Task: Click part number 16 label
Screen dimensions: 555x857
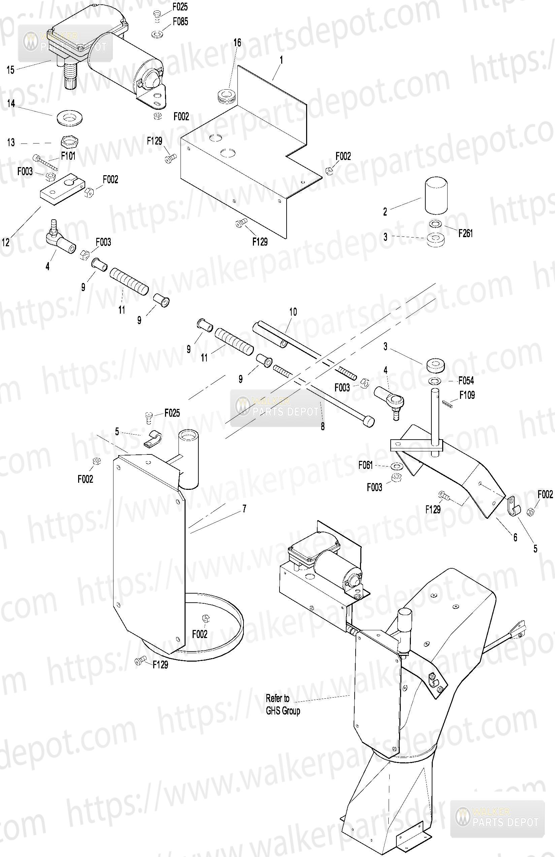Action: [x=237, y=42]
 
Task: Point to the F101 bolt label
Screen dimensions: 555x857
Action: [x=68, y=156]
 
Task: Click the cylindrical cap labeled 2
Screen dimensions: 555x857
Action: [x=436, y=195]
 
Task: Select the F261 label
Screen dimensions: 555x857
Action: [x=465, y=233]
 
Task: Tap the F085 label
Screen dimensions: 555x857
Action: [x=180, y=22]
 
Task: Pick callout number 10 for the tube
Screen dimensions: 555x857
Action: [x=293, y=312]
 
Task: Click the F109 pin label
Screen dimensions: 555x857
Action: [x=467, y=395]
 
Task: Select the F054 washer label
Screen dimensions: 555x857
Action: [x=466, y=380]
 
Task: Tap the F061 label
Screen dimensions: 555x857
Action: [x=366, y=465]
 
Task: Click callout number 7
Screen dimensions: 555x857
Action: [x=244, y=509]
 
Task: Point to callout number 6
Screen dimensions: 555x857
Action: [x=515, y=537]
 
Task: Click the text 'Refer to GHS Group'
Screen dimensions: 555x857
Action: [x=283, y=705]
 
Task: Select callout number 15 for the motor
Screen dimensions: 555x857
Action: [x=11, y=69]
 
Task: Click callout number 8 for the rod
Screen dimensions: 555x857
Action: [x=323, y=426]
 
